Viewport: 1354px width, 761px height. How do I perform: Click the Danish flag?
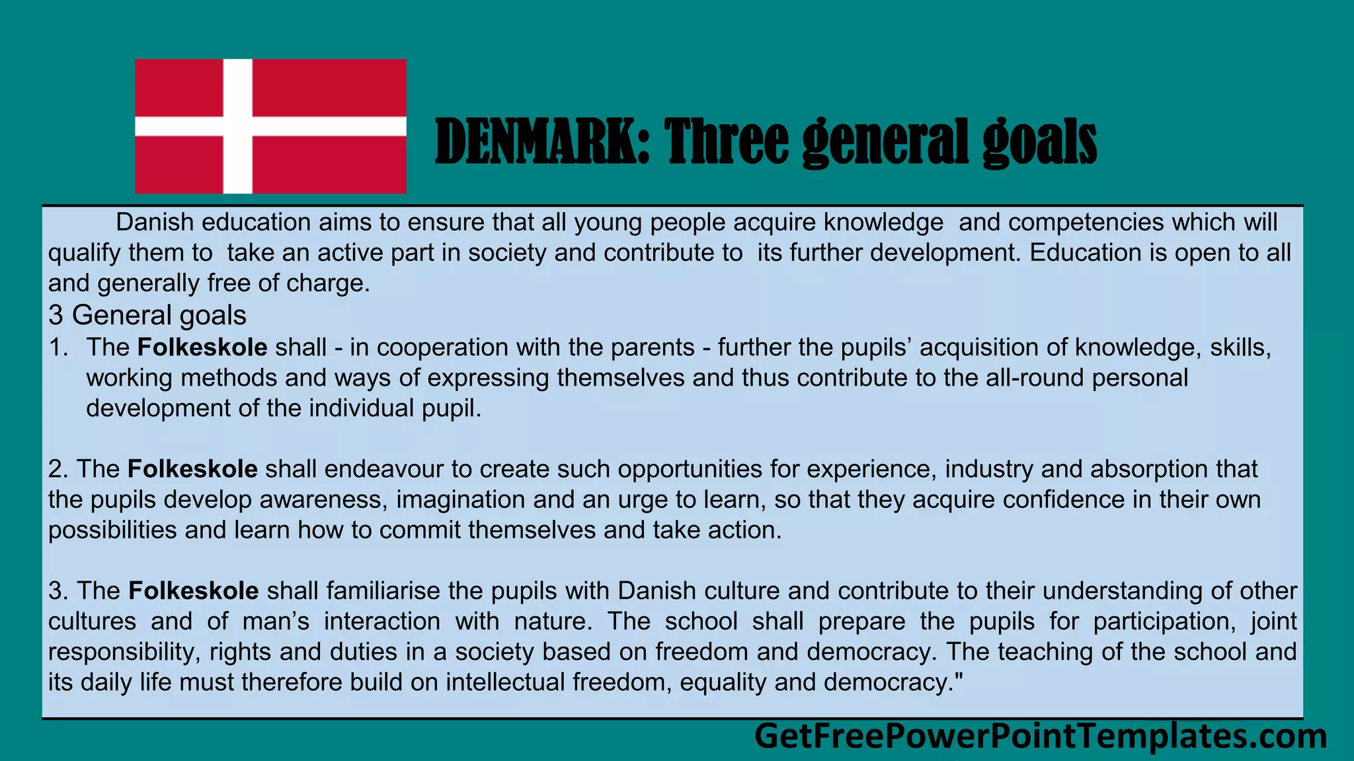(x=270, y=126)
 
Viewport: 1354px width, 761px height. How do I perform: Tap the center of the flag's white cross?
(x=237, y=126)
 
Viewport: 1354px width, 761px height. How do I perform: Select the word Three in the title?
(x=727, y=141)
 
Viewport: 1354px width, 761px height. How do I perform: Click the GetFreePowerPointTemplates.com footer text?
(x=1040, y=736)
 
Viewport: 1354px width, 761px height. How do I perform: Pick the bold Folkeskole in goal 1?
(x=202, y=347)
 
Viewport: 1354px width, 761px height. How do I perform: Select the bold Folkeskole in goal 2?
(x=192, y=469)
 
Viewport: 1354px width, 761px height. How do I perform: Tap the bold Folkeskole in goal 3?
(x=194, y=591)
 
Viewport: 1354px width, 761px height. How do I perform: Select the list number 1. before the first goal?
(x=58, y=347)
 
